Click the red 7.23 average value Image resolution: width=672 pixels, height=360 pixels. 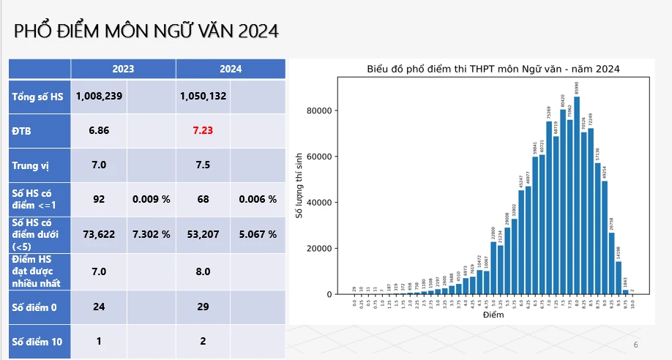203,130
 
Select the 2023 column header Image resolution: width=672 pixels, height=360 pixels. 123,69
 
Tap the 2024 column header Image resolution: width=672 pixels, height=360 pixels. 231,69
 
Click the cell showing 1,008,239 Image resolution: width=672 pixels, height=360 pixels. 99,97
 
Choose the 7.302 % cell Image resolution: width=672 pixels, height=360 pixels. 151,234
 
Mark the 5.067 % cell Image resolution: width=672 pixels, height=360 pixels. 258,234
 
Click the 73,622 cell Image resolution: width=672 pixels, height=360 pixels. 99,234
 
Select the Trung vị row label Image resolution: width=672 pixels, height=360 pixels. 29,165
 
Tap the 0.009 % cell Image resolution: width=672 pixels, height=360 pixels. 151,199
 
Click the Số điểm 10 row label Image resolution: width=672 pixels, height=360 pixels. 37,341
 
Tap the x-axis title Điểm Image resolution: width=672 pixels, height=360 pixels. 493,315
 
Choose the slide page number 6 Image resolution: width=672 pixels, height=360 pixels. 635,345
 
